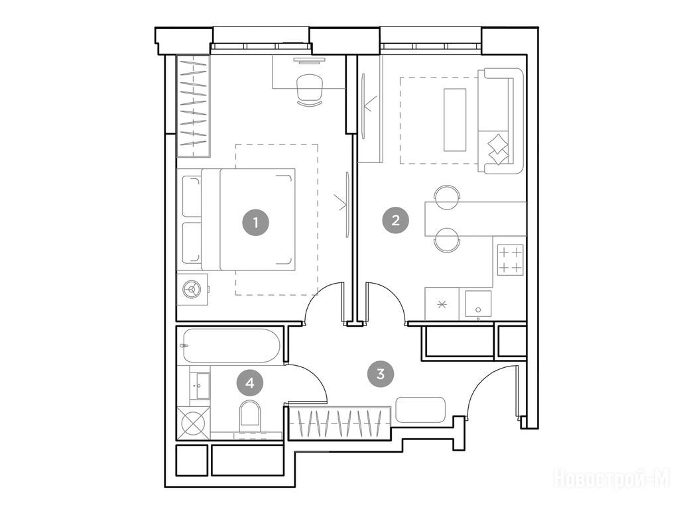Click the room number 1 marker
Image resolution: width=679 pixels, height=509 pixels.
(x=255, y=223)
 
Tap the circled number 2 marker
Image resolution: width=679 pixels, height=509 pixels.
(x=395, y=221)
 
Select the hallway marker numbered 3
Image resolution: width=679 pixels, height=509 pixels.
(x=381, y=374)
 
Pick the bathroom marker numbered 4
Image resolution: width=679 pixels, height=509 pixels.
(x=250, y=382)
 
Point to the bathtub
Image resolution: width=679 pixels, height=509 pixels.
(x=232, y=345)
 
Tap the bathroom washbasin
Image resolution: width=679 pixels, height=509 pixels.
(x=201, y=386)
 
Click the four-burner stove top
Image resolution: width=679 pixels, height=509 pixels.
(x=510, y=260)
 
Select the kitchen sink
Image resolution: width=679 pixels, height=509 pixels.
(x=478, y=304)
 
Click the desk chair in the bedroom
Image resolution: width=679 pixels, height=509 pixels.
(x=310, y=89)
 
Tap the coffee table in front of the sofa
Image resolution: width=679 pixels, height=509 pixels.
(x=455, y=120)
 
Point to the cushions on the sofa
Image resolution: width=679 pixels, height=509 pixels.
(x=498, y=148)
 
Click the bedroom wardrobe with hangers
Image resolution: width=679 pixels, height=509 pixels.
(x=193, y=106)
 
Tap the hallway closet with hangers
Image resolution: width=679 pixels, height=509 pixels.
(x=340, y=424)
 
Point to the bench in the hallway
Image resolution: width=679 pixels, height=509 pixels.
(x=420, y=410)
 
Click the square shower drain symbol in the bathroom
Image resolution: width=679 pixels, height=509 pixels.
(x=194, y=423)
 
